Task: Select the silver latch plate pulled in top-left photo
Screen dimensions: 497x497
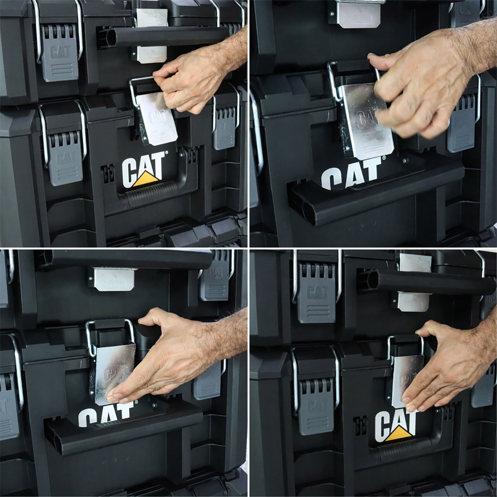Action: [157, 118]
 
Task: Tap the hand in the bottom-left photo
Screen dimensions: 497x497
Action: [173, 359]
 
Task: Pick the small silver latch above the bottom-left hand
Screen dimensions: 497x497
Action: [113, 279]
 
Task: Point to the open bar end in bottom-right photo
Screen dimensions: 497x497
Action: [368, 281]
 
